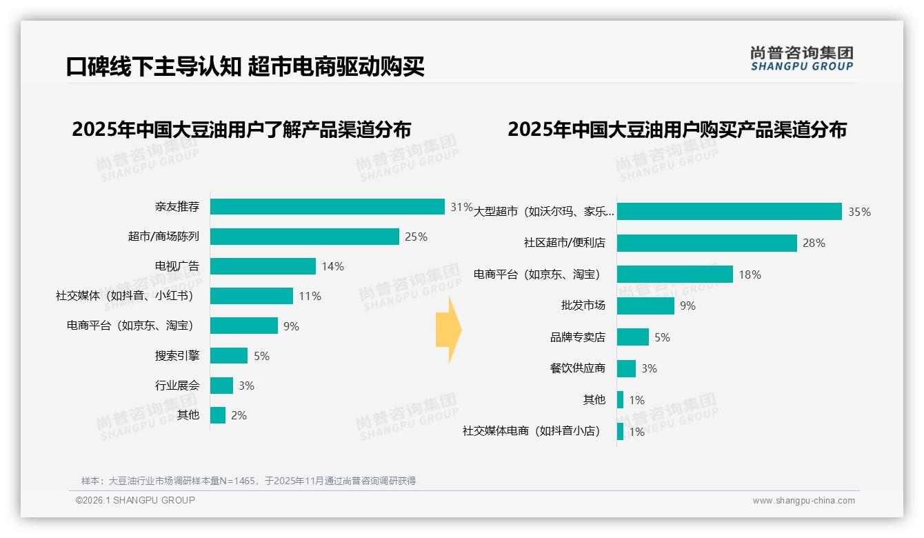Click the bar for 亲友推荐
coord(328,207)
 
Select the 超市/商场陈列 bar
coord(305,237)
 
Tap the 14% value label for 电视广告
coord(332,266)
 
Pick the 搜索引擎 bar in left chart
coord(229,356)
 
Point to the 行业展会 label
coord(177,386)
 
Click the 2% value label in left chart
coord(239,415)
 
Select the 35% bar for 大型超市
coord(730,212)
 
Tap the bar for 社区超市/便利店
coord(707,243)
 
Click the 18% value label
coord(750,275)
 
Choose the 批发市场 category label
coord(583,306)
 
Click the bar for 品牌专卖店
coord(633,337)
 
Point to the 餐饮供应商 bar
coord(626,368)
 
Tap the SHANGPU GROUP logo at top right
coord(801,59)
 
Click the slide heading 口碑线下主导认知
coord(153,67)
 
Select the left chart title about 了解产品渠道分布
coord(241,130)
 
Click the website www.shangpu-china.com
coord(803,501)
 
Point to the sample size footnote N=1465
coord(248,481)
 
